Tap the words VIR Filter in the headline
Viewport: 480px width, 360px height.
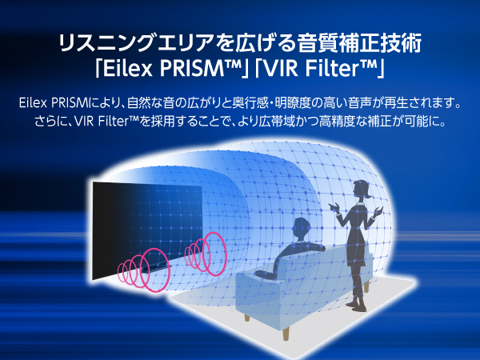pos(311,69)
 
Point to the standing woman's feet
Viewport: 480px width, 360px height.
pos(358,306)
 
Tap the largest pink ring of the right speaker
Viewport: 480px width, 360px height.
pos(214,254)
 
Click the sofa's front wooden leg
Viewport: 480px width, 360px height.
pos(286,333)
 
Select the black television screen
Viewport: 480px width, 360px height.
pos(147,230)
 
